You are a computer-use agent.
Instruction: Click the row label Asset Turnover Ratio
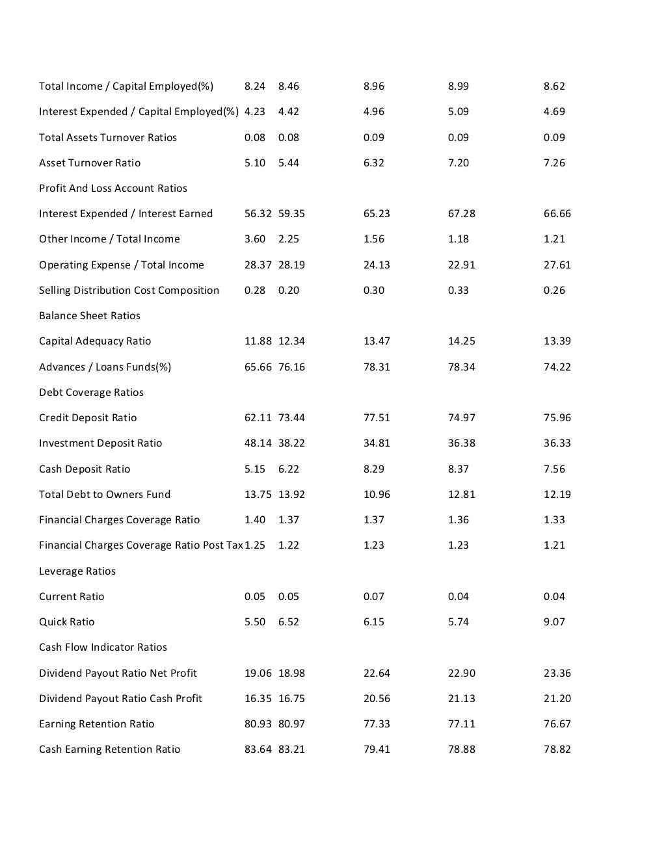[x=90, y=163]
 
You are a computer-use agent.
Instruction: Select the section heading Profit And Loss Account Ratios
[x=113, y=188]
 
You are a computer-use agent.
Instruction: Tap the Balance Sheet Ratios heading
[x=90, y=315]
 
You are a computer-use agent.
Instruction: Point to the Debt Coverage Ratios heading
[x=91, y=392]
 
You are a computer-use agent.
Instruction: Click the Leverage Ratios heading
[x=77, y=571]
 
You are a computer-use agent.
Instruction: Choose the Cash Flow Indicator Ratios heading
[x=103, y=647]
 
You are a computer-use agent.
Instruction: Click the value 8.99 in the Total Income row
[x=459, y=86]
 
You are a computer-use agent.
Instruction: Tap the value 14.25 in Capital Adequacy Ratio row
[x=462, y=341]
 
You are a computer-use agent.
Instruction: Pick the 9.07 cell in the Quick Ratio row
[x=554, y=621]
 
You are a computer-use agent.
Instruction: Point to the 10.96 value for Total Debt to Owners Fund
[x=377, y=494]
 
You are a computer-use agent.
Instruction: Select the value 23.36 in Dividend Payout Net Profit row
[x=557, y=673]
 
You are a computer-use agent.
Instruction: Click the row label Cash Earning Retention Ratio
[x=110, y=749]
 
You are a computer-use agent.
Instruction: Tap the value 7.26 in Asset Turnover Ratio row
[x=554, y=163]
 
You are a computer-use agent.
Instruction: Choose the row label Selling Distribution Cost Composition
[x=129, y=290]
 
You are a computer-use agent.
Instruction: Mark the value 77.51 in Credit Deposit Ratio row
[x=377, y=417]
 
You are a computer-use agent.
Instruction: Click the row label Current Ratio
[x=72, y=596]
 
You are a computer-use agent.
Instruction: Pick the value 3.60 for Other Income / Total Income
[x=255, y=239]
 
